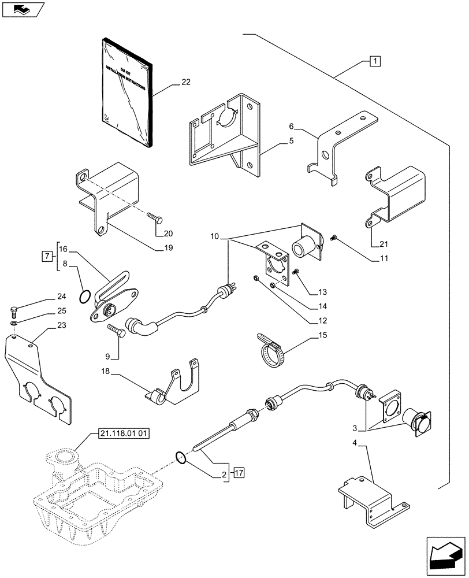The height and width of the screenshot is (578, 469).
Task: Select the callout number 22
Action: pos(185,83)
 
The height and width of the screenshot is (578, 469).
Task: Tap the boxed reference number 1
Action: pos(375,61)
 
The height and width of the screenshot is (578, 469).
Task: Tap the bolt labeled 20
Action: pos(156,219)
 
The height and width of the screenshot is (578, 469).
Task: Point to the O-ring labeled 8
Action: pos(85,297)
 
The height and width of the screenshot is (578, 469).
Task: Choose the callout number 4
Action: pos(355,444)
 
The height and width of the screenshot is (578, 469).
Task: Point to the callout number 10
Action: pos(215,237)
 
